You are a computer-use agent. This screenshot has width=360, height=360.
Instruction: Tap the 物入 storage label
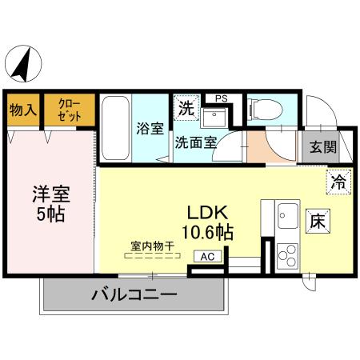coord(23,110)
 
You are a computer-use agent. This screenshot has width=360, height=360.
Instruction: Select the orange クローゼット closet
coord(68,110)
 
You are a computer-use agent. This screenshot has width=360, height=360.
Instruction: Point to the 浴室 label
coord(151,127)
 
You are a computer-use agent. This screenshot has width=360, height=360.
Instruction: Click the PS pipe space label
coord(220,98)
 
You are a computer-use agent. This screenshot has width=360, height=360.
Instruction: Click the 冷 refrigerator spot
coord(338,182)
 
